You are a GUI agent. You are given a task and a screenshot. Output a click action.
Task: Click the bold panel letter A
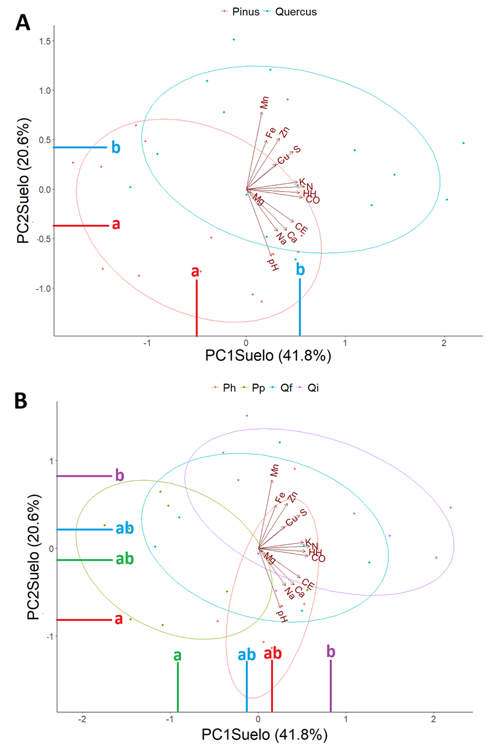tap(23, 23)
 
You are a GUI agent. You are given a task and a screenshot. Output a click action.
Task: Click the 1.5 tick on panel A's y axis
tap(45, 41)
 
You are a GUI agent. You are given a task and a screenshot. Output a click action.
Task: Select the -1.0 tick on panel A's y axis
tap(43, 289)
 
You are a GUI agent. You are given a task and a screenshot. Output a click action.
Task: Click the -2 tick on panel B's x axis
tap(82, 720)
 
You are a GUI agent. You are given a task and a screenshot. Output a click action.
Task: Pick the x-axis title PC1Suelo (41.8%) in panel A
tap(268, 356)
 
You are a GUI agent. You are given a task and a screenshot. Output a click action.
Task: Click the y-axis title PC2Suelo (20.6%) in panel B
tap(34, 558)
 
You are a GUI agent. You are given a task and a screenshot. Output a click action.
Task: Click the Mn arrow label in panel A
tap(265, 103)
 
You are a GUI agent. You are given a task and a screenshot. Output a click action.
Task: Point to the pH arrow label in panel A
tap(273, 264)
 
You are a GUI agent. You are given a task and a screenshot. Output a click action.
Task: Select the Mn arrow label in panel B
tap(274, 470)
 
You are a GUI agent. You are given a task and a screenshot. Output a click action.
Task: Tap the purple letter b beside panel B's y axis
tap(119, 475)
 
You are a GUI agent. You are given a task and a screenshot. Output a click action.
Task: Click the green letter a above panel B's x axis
tap(177, 655)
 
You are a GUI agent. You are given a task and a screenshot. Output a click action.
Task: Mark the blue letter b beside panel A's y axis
tap(115, 147)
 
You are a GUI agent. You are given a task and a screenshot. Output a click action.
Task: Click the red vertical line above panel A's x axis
tap(197, 308)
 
